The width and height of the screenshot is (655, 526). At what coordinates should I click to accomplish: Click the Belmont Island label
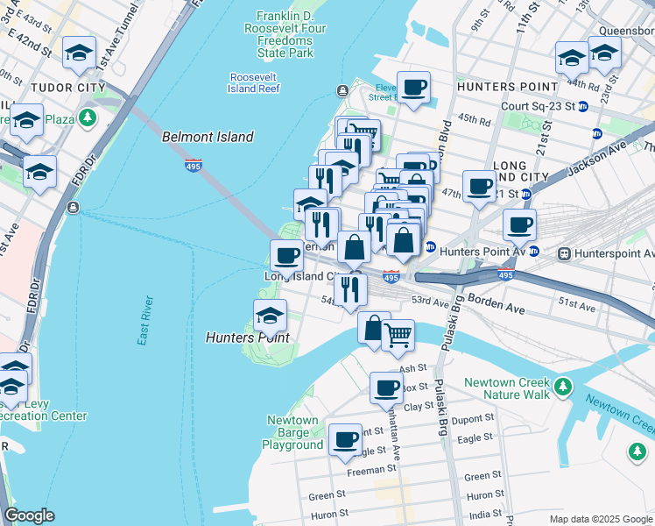[x=208, y=137]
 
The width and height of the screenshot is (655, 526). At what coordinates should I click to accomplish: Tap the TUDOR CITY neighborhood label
[x=67, y=88]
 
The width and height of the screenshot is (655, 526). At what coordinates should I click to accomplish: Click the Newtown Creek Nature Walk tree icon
[x=563, y=386]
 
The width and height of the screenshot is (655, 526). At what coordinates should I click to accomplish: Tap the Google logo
[x=29, y=515]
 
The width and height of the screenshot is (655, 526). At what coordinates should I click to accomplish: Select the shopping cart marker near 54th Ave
[x=398, y=333]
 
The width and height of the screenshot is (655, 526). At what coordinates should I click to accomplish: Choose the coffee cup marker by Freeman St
[x=346, y=437]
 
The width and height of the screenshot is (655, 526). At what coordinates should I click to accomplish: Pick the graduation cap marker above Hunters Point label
[x=271, y=314]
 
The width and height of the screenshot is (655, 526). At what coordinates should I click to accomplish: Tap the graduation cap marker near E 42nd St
[x=80, y=53]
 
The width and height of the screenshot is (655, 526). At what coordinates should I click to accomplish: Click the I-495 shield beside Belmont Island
[x=193, y=165]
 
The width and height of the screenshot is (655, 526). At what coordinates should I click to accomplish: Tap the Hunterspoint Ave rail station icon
[x=566, y=253]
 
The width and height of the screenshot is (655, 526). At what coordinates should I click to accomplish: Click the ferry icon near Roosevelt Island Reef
[x=342, y=91]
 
